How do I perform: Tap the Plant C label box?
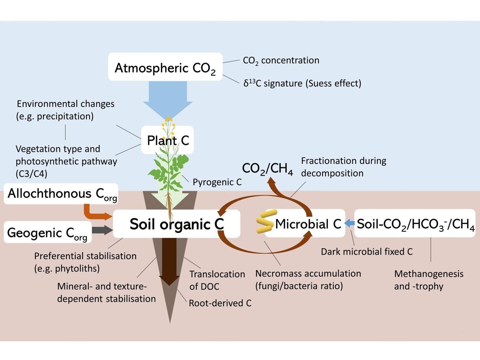point(167,140)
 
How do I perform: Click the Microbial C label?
point(308,224)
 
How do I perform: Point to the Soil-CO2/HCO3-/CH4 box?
point(415,223)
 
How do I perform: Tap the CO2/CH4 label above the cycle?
point(267,169)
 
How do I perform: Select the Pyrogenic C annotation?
point(217,182)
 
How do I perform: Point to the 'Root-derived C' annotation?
point(220,303)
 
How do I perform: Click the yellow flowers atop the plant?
point(168,121)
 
